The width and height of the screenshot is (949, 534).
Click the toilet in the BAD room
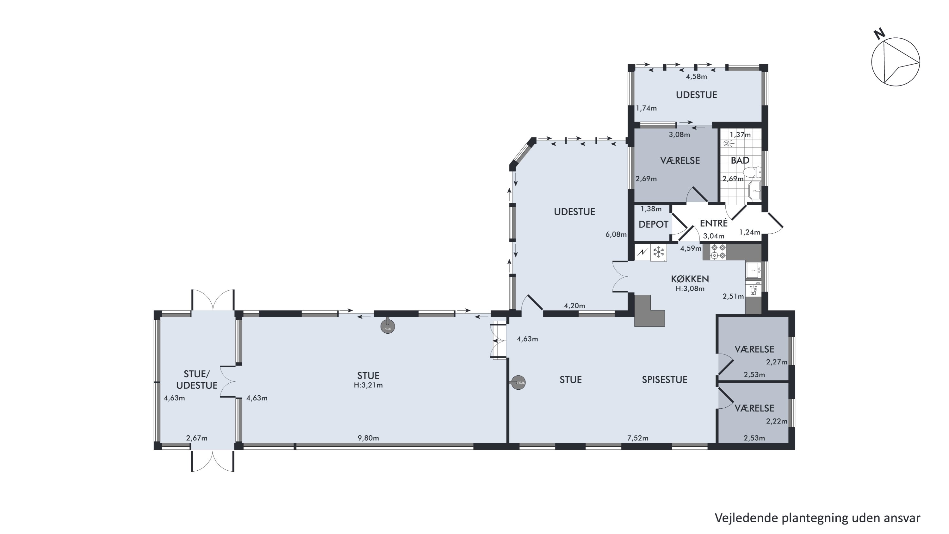752,172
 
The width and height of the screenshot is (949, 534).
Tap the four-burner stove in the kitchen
718,251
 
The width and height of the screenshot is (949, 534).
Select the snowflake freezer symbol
658,253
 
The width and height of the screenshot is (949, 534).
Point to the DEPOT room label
653,224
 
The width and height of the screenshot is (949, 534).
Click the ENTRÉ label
714,223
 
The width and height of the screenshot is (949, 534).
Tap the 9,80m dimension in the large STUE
368,438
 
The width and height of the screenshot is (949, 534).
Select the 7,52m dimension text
638,438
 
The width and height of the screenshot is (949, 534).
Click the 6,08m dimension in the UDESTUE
616,234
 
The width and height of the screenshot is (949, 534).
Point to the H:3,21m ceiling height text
368,385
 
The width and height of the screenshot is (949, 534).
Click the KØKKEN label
690,279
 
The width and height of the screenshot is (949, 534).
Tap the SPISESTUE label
665,380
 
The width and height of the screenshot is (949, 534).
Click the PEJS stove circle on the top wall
388,327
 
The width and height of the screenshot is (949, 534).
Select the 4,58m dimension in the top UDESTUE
696,77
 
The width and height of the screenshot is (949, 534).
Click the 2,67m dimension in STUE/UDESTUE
197,438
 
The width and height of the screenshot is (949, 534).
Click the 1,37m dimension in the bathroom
740,135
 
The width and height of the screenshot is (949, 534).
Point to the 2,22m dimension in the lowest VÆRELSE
777,421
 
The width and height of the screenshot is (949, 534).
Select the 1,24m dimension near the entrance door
750,232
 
